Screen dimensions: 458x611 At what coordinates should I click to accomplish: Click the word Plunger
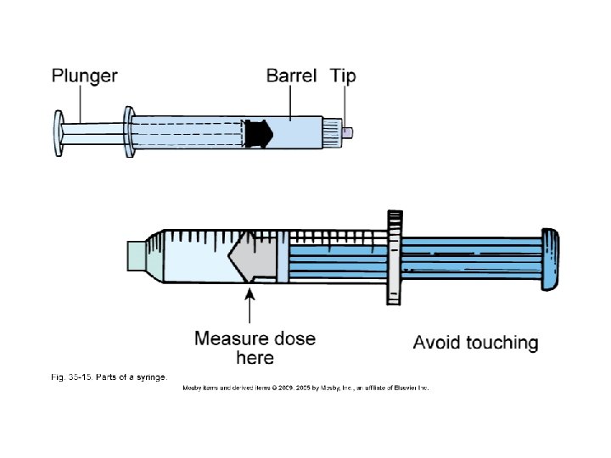pyautogui.click(x=84, y=76)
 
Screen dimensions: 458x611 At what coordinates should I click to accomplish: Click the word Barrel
pyautogui.click(x=291, y=76)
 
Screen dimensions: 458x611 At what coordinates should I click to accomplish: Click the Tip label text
pyautogui.click(x=343, y=76)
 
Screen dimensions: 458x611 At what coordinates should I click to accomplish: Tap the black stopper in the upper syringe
pyautogui.click(x=256, y=134)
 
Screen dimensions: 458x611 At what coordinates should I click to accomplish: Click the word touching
pyautogui.click(x=500, y=343)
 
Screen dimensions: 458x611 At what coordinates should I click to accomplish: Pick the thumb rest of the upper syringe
pyautogui.click(x=59, y=134)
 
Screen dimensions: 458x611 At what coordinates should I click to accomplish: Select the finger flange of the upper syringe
pyautogui.click(x=129, y=133)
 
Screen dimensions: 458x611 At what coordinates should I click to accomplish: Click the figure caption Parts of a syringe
pyautogui.click(x=106, y=376)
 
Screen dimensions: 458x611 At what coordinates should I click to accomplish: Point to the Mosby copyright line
pyautogui.click(x=305, y=388)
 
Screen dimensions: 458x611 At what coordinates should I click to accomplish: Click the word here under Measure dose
pyautogui.click(x=255, y=358)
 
